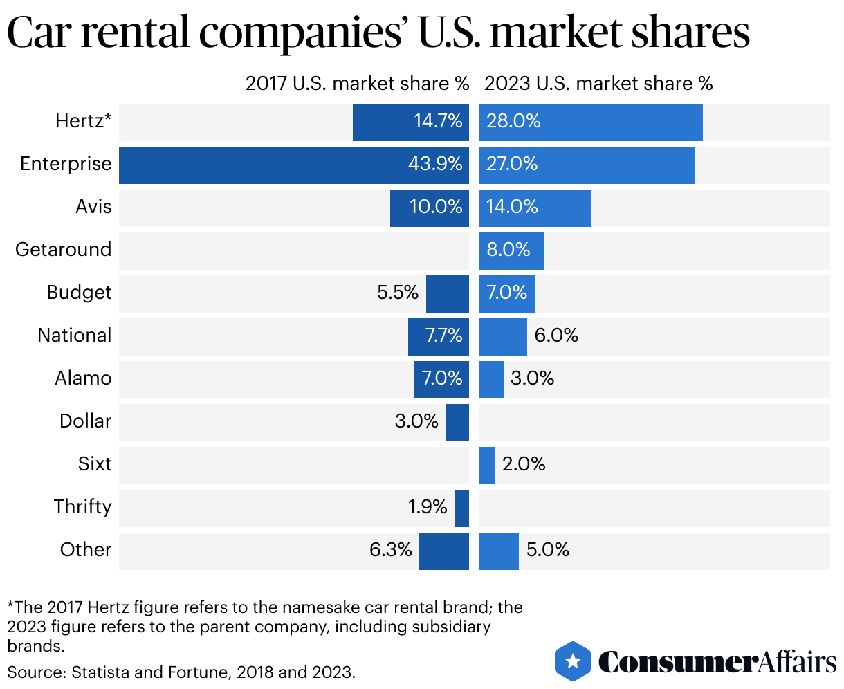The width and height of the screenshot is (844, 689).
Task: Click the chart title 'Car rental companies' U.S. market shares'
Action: coord(378,33)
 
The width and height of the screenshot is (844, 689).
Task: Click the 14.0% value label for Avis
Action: coord(512,207)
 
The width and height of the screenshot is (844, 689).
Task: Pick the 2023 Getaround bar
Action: coord(511,250)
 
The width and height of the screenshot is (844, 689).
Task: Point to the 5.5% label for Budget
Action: coord(398,293)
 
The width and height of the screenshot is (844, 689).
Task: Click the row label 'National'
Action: coord(74,336)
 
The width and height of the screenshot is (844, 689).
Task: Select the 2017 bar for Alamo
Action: coord(441,379)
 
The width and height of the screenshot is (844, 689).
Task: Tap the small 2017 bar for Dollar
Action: coord(457,422)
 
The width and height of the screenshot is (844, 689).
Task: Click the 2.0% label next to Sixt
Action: coord(524,464)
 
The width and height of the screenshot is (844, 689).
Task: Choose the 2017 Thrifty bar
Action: coord(461,508)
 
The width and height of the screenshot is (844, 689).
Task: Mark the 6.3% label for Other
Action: coord(391,550)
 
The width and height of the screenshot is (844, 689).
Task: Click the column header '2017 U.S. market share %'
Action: coord(357,84)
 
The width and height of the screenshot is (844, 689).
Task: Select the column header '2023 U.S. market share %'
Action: coord(598,84)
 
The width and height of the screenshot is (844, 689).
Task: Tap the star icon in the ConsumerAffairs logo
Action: coord(573,661)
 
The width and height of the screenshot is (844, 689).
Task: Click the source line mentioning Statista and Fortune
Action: coord(181,671)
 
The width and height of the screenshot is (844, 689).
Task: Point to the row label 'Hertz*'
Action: coord(83,122)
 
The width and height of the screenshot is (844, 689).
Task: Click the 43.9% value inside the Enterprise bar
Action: coord(435,165)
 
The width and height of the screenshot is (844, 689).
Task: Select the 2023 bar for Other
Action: coord(498,551)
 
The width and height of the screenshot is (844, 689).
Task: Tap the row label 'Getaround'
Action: coord(63,250)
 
